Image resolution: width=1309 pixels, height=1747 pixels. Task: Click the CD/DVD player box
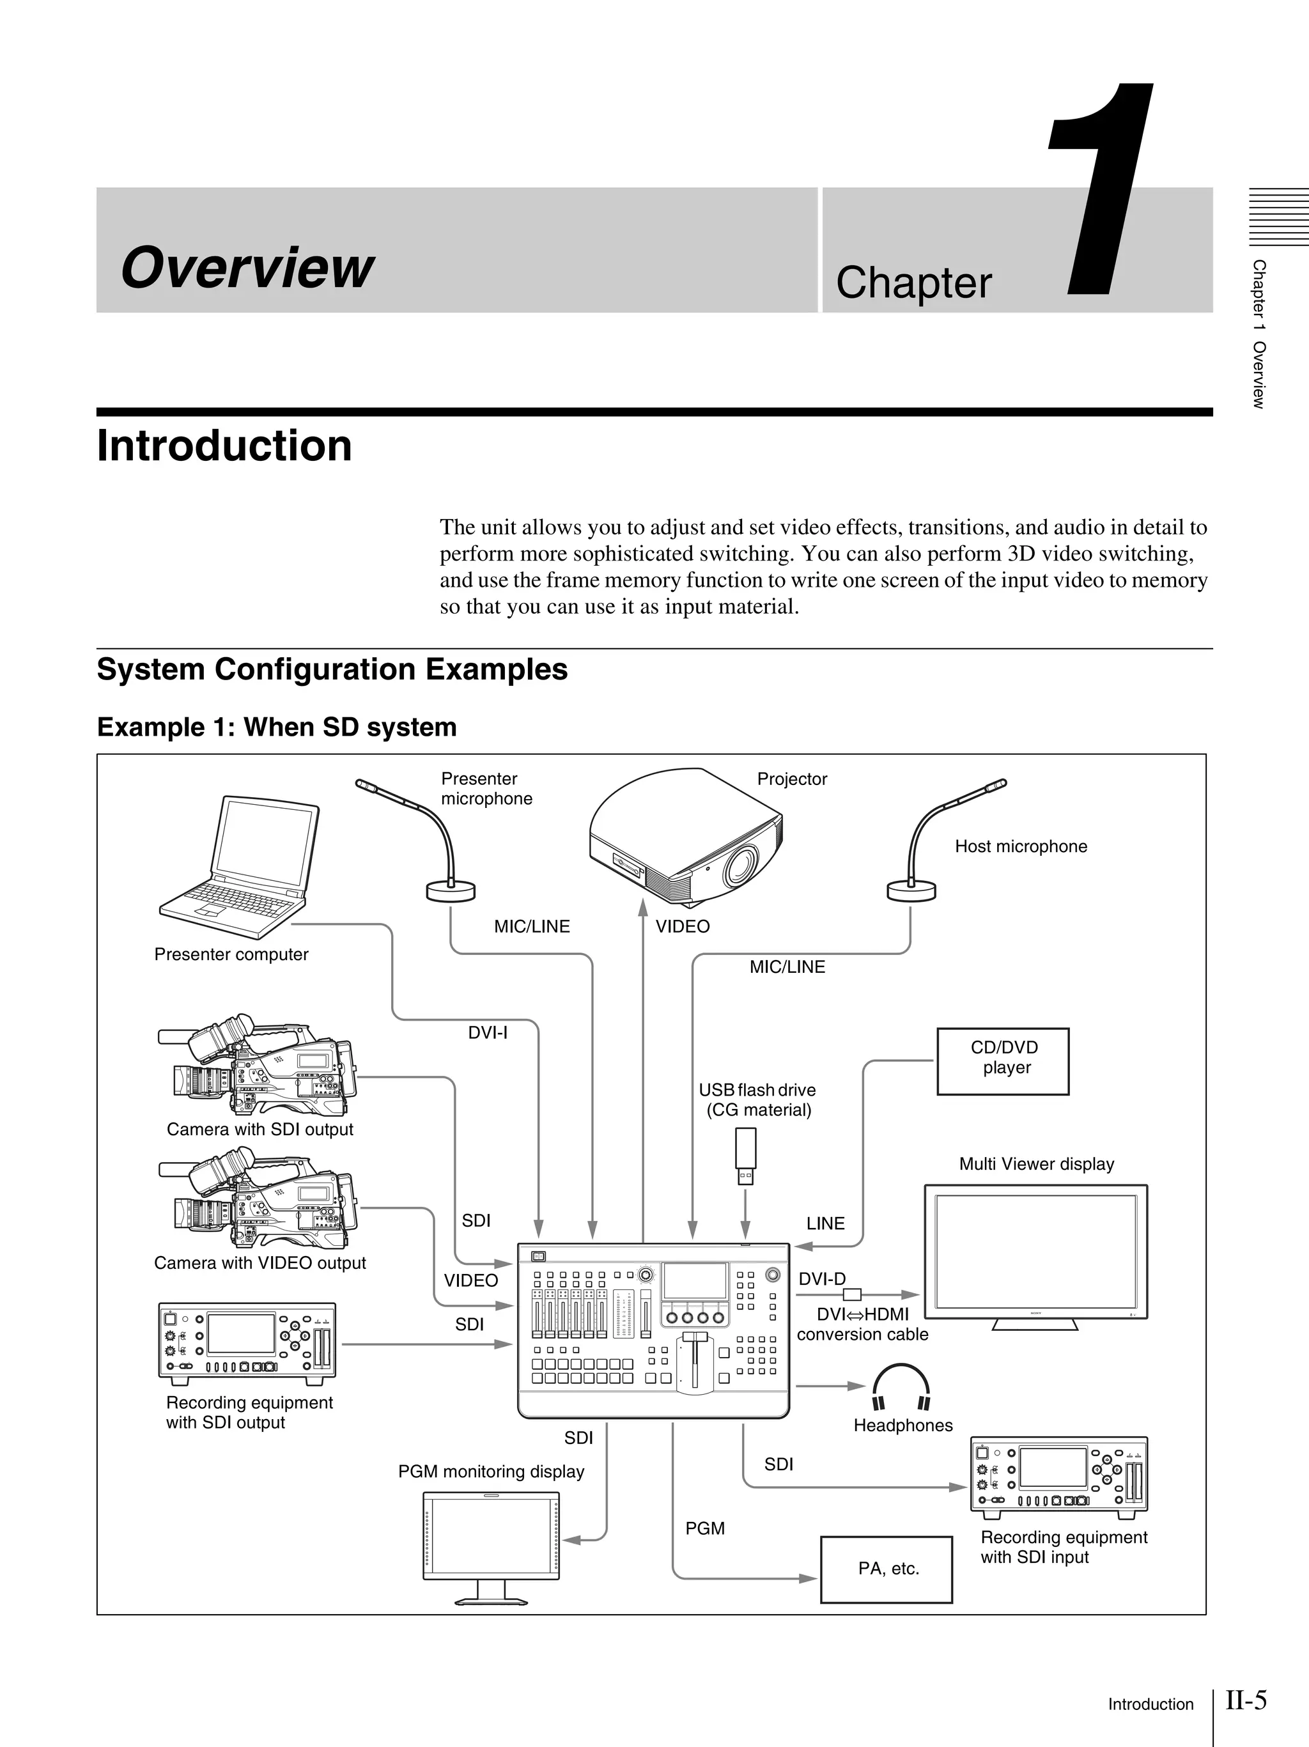[1003, 1060]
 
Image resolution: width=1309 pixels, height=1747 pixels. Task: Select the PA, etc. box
[886, 1569]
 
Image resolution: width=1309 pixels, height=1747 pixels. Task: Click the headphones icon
[901, 1387]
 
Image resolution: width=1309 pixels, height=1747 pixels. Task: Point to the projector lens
[741, 865]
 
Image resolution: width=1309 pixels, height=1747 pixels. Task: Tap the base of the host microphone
[911, 892]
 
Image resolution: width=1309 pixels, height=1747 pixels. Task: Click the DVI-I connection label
[487, 1032]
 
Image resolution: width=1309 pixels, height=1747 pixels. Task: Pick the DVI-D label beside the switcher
[821, 1278]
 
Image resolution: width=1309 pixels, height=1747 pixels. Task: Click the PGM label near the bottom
[704, 1528]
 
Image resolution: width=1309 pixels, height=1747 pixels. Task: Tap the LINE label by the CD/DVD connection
[825, 1223]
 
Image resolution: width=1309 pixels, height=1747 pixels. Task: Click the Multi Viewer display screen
[1035, 1251]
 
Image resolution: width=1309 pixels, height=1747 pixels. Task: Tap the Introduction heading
[224, 446]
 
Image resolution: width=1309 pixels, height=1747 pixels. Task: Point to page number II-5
[1246, 1699]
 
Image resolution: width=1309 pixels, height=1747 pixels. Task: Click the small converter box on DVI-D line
[852, 1294]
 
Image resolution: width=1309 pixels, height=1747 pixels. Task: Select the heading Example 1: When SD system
[276, 727]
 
